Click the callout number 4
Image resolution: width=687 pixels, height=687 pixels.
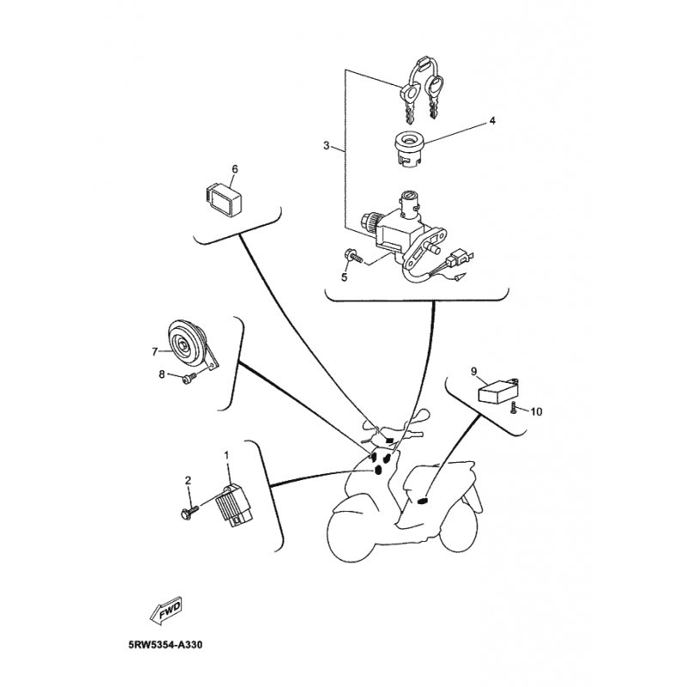pyautogui.click(x=492, y=120)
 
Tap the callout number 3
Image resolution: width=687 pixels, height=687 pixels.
pyautogui.click(x=326, y=145)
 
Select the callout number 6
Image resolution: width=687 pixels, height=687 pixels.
pyautogui.click(x=234, y=169)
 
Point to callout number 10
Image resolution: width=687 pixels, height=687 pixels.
pyautogui.click(x=536, y=412)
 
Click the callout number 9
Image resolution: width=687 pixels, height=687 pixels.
pyautogui.click(x=474, y=372)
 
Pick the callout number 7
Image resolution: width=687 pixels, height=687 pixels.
pyautogui.click(x=155, y=351)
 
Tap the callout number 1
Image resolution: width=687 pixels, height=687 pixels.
pyautogui.click(x=227, y=456)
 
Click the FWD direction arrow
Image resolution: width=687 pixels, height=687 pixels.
pyautogui.click(x=166, y=610)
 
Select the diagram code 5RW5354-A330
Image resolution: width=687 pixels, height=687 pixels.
pyautogui.click(x=166, y=645)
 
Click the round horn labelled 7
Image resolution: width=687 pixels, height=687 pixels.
pyautogui.click(x=188, y=346)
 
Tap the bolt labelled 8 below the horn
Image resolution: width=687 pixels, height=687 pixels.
pyautogui.click(x=187, y=379)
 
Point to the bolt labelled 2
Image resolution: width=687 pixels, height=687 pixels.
pyautogui.click(x=189, y=511)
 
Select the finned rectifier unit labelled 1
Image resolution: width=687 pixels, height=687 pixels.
pyautogui.click(x=233, y=504)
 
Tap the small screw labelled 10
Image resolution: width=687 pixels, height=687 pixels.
pyautogui.click(x=513, y=407)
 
